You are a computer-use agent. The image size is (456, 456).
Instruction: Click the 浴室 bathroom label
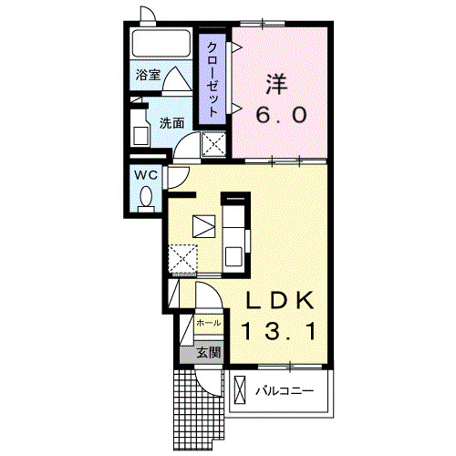[148, 75]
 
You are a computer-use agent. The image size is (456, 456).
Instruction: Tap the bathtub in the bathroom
[161, 44]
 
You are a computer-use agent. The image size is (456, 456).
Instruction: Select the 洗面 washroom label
[172, 123]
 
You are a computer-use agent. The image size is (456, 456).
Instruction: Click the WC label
[146, 175]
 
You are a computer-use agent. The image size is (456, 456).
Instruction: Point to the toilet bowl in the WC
[146, 195]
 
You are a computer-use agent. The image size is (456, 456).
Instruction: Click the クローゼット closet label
[212, 79]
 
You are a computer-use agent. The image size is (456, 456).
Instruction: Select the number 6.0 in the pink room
[281, 115]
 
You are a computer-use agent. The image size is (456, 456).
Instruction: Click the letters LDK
[279, 300]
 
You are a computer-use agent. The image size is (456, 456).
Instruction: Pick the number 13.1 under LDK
[279, 331]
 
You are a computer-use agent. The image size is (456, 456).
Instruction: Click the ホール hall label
[209, 323]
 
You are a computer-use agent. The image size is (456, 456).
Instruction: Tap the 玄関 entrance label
[209, 353]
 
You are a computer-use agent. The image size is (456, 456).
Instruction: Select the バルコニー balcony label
[284, 390]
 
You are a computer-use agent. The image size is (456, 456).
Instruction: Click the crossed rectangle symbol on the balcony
[240, 389]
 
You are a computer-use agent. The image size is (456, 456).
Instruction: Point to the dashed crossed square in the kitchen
[182, 258]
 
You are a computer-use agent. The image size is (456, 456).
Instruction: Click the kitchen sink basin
[233, 256]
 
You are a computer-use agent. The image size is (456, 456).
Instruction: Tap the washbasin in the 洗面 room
[141, 136]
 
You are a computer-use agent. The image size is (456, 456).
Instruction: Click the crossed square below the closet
[213, 144]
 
